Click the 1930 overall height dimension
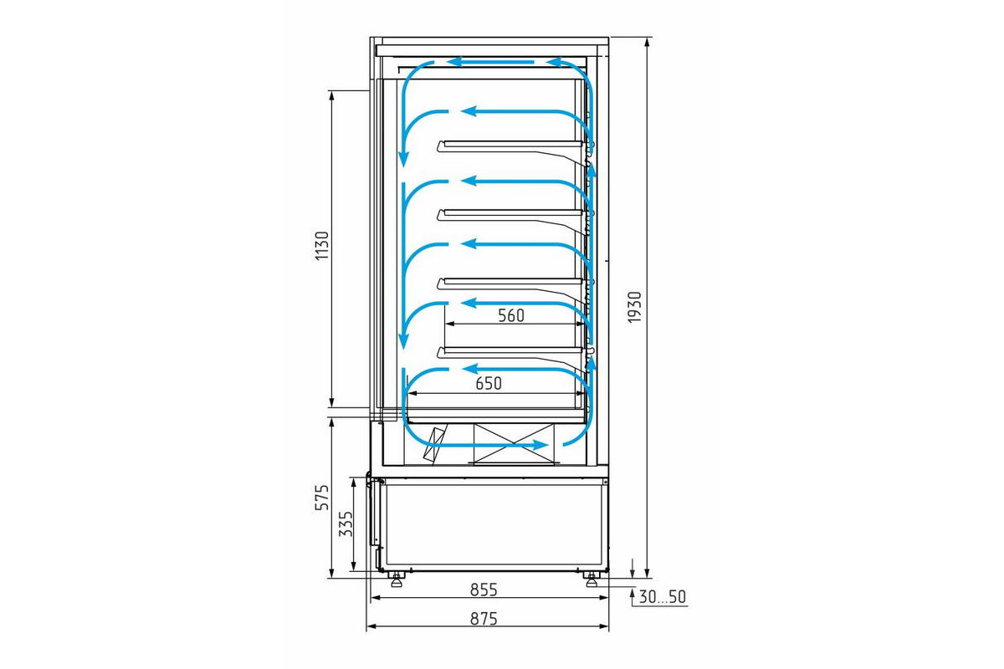click(x=635, y=307)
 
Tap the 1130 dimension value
click(x=322, y=246)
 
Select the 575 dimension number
click(x=322, y=498)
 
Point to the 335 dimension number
click(x=346, y=524)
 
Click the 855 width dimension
click(x=484, y=590)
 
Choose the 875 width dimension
click(x=484, y=619)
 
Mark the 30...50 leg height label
click(x=663, y=597)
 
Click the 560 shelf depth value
click(x=511, y=315)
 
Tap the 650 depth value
click(x=489, y=384)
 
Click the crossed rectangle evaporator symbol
click(x=514, y=443)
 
